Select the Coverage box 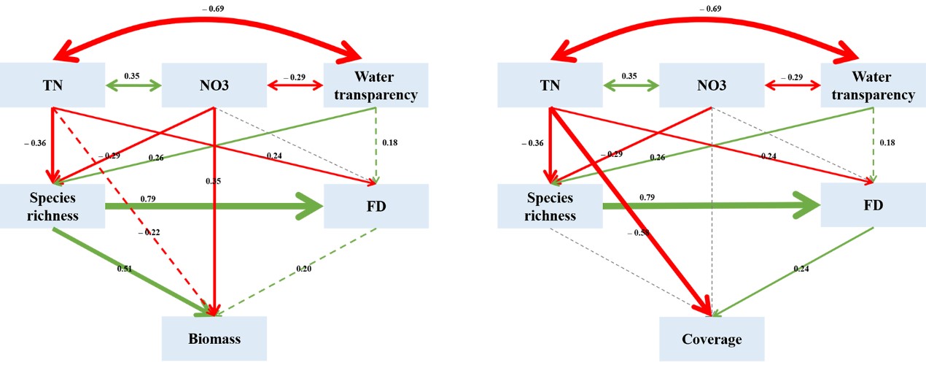pyautogui.click(x=712, y=339)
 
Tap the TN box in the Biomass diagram pyautogui.click(x=52, y=85)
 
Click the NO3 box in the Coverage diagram pyautogui.click(x=711, y=85)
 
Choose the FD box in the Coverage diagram pyautogui.click(x=873, y=205)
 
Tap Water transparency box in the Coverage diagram pyautogui.click(x=873, y=85)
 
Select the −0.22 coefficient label pyautogui.click(x=150, y=231)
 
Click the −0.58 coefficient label pyautogui.click(x=639, y=233)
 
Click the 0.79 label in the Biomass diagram pyautogui.click(x=147, y=198)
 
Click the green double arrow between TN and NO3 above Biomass pyautogui.click(x=133, y=86)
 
